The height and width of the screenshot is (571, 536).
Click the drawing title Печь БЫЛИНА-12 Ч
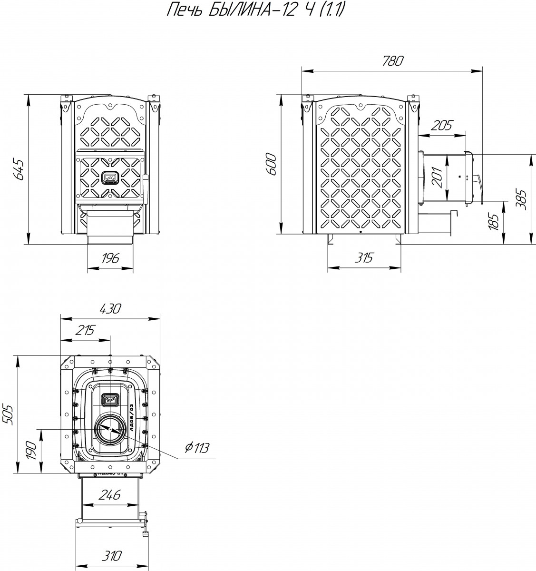pyautogui.click(x=254, y=10)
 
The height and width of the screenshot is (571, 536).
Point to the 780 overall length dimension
pyautogui.click(x=392, y=61)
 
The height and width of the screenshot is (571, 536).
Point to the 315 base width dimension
pyautogui.click(x=364, y=257)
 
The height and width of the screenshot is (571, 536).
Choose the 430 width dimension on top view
pyautogui.click(x=110, y=308)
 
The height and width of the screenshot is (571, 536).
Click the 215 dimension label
pyautogui.click(x=85, y=330)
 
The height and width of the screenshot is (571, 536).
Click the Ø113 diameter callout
pyautogui.click(x=196, y=448)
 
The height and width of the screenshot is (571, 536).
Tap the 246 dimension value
pyautogui.click(x=110, y=494)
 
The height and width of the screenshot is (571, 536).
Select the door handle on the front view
pyautogui.click(x=146, y=185)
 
